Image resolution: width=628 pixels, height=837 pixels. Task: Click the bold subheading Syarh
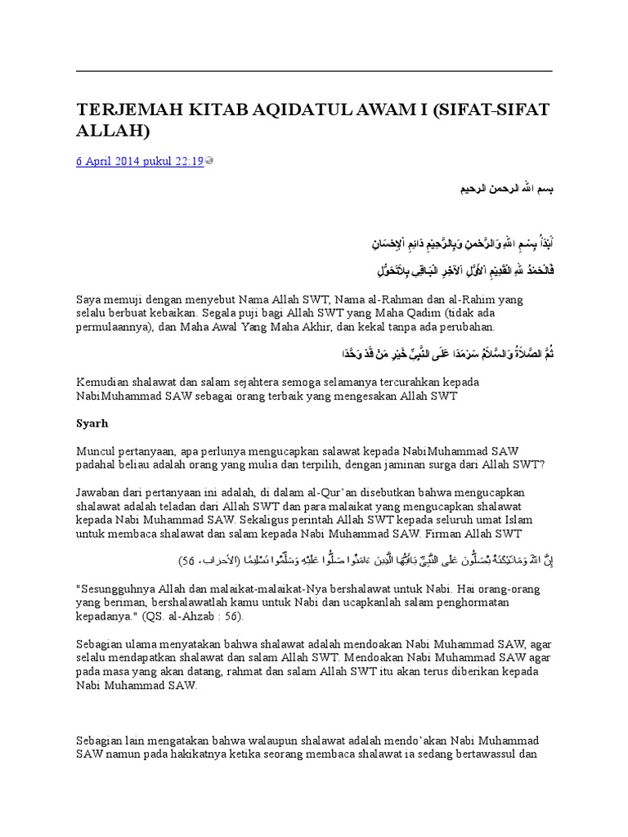tap(92, 424)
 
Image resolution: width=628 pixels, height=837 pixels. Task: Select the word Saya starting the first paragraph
tap(90, 299)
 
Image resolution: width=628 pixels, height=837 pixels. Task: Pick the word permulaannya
tap(114, 327)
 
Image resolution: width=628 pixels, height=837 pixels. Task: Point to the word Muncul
tap(96, 452)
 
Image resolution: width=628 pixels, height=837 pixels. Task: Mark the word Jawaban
tap(100, 494)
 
